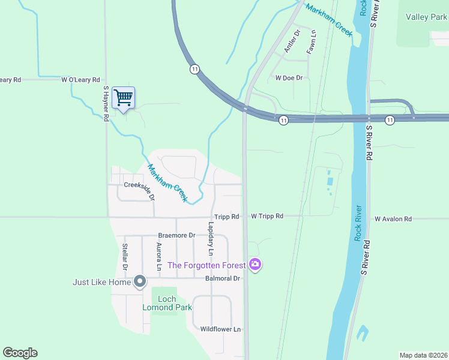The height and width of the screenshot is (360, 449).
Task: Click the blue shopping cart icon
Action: pos(123,97)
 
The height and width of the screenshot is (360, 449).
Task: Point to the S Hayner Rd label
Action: pos(105,103)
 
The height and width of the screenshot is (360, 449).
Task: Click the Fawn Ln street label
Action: pos(310,43)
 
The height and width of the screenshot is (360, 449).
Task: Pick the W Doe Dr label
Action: pos(288,78)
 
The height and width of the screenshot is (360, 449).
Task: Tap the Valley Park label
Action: pos(426,17)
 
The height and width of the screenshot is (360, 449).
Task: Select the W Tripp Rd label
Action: pos(267,216)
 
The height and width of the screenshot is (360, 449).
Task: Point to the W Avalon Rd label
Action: pos(393,220)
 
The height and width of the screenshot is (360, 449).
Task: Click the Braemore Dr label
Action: pos(177,236)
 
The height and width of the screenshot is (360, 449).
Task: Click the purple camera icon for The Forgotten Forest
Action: pos(256,264)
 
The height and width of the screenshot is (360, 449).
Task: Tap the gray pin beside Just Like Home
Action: pos(140,281)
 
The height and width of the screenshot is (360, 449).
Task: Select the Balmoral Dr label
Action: pos(222,278)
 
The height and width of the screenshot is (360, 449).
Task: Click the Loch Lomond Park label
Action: pos(167,303)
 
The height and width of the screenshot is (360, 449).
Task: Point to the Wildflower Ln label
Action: pos(220,329)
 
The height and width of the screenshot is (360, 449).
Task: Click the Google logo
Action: pos(20,353)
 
